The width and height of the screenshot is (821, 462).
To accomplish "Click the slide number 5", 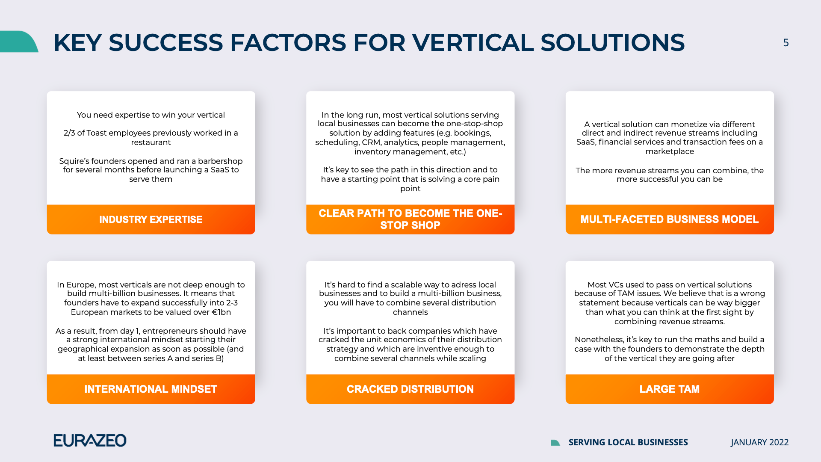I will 786,43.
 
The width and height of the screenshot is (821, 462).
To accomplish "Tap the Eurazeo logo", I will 90,440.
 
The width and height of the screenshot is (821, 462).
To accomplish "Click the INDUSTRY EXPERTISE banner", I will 151,219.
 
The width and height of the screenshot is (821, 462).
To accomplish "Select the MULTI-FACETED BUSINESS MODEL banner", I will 669,219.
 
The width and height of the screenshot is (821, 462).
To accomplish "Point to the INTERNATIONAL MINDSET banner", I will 151,389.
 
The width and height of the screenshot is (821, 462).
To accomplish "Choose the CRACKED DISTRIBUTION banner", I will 410,389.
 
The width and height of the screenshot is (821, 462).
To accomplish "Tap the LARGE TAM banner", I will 669,389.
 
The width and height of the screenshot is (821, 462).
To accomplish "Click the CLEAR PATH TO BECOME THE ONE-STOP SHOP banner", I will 410,219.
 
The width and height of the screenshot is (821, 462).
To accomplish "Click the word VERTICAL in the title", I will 473,43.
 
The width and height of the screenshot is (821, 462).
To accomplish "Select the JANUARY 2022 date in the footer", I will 759,442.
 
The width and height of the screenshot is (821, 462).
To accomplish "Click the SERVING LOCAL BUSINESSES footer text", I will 628,442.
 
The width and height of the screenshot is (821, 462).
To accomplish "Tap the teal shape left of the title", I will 19,41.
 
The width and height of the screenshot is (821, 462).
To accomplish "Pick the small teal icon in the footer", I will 555,443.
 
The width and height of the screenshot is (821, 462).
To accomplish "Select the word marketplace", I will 670,151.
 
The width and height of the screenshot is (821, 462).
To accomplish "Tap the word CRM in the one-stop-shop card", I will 371,142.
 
